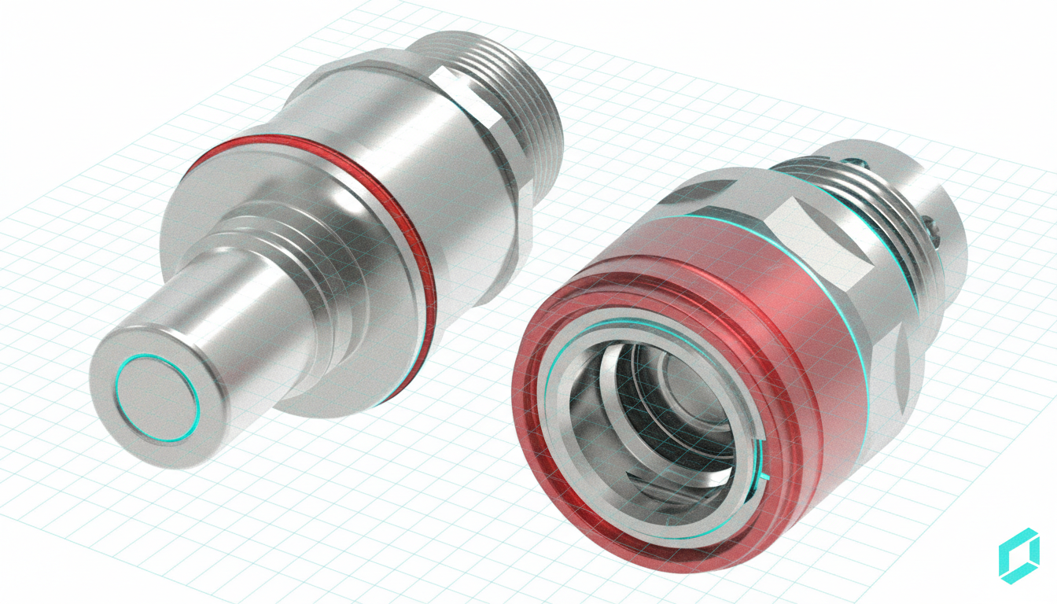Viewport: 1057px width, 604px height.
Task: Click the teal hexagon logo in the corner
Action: pos(1018,556)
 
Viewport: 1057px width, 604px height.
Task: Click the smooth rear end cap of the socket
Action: pos(944,181)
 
